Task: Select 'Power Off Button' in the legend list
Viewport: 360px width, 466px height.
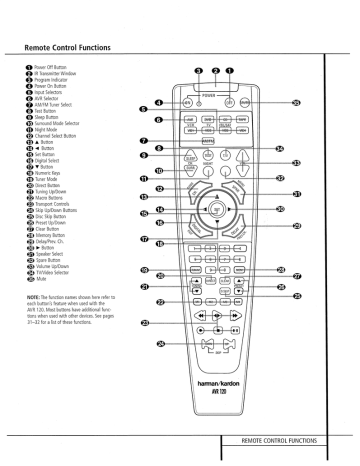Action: (44, 69)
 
